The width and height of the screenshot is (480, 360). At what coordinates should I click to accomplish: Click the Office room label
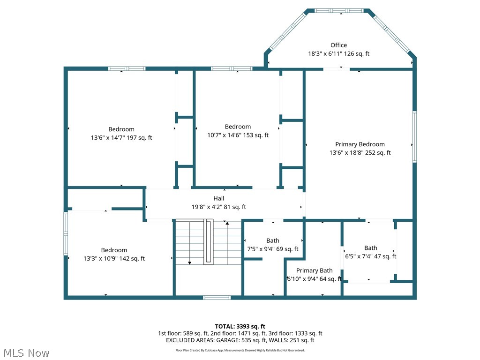point(338,45)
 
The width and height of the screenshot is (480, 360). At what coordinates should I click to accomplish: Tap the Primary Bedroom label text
point(360,144)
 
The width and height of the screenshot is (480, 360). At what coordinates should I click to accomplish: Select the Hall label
point(219,198)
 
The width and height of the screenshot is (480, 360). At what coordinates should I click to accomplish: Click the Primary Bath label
point(314,270)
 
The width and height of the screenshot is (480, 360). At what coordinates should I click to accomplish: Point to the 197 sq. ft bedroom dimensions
point(121,138)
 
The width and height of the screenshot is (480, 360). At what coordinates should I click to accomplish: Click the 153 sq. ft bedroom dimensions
point(238,135)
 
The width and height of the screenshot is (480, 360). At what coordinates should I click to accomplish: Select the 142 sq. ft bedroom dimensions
point(114,258)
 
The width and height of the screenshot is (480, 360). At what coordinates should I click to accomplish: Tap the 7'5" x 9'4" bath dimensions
point(273,249)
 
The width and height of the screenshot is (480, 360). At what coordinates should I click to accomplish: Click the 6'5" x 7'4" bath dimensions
point(370,256)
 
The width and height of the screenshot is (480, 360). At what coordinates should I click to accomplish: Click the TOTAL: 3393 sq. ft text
point(240,326)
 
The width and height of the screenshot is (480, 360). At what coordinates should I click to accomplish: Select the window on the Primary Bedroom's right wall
point(414,137)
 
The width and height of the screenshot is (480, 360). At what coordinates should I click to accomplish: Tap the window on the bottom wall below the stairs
point(217,297)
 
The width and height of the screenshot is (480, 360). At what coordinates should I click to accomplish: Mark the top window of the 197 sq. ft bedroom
point(127,68)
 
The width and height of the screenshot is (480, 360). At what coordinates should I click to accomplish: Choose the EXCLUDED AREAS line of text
point(240,340)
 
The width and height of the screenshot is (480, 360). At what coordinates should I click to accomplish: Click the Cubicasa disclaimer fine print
point(240,350)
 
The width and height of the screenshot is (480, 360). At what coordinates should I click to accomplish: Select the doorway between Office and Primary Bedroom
point(336,69)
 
